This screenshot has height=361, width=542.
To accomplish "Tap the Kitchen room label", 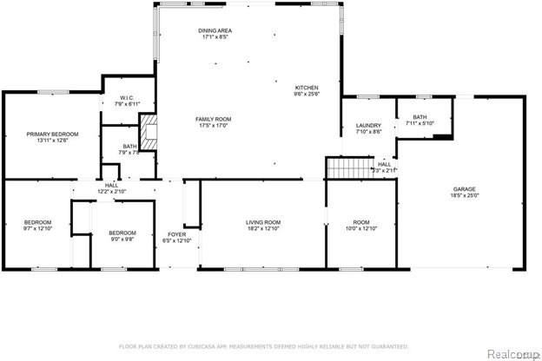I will pyautogui.click(x=307, y=88).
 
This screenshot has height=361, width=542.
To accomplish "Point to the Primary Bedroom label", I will pyautogui.click(x=52, y=134).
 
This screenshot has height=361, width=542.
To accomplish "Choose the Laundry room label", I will pyautogui.click(x=368, y=126).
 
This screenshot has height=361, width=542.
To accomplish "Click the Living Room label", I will pyautogui.click(x=262, y=222).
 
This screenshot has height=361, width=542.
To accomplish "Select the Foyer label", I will pyautogui.click(x=176, y=234).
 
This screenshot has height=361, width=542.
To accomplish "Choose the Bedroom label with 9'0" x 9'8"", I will pyautogui.click(x=122, y=233).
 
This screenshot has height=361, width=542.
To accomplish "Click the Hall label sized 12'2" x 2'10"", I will pyautogui.click(x=111, y=185).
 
